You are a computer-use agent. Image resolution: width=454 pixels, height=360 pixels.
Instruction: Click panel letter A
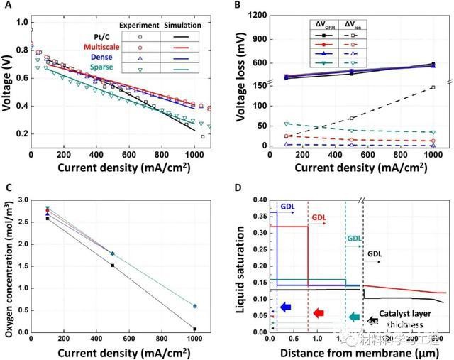8,6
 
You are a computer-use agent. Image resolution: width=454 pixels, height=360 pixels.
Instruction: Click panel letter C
8,188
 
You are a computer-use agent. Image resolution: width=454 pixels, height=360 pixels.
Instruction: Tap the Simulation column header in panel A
183,25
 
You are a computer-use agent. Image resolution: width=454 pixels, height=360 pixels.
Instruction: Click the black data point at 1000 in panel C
194,329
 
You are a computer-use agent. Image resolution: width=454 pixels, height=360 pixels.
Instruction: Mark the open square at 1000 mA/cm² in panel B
432,88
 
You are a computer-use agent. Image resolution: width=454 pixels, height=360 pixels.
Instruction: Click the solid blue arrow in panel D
285,307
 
